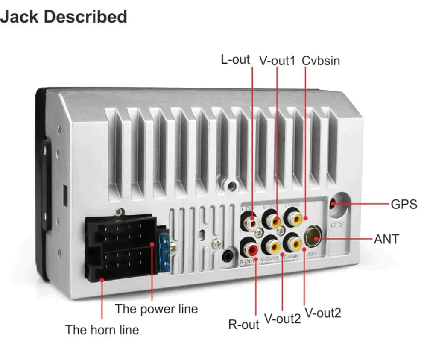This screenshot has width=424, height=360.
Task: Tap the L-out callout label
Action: (x=235, y=59)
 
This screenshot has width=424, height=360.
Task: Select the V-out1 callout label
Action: (x=277, y=61)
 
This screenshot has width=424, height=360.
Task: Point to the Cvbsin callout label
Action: (x=321, y=61)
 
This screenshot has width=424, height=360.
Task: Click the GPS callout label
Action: (x=404, y=204)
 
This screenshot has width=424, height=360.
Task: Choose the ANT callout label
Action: (x=386, y=239)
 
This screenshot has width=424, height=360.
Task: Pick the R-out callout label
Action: (x=243, y=325)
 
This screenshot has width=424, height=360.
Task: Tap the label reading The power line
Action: (x=156, y=309)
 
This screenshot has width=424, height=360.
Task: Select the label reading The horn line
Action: (x=102, y=330)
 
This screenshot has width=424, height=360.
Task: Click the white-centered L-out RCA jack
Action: (x=251, y=222)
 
